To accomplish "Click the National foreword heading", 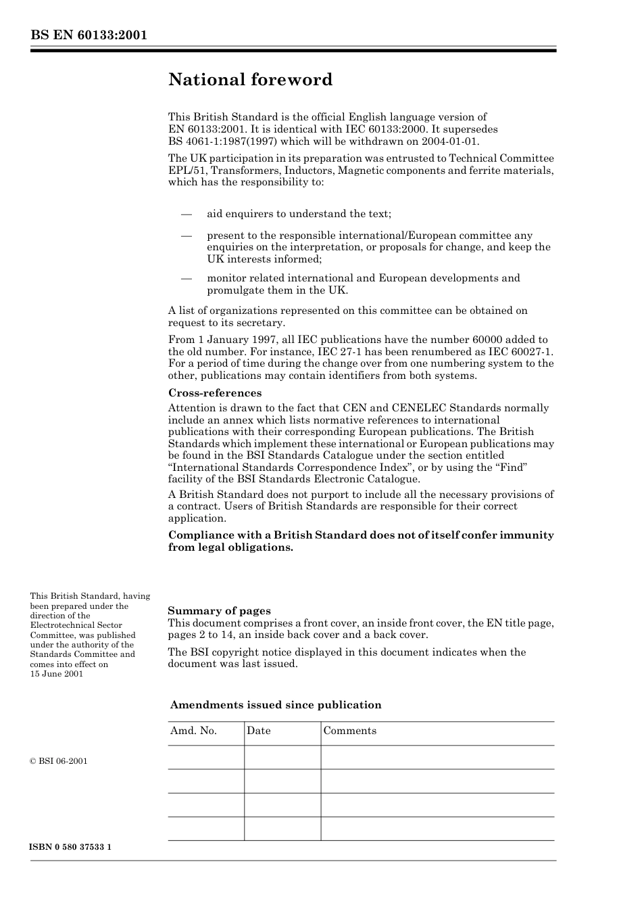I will (x=251, y=80).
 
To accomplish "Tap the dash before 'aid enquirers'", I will (x=187, y=214).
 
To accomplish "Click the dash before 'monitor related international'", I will (x=187, y=278).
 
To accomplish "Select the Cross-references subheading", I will (x=214, y=393).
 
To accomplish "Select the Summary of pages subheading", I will (x=219, y=610).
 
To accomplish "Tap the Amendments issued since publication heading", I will (x=276, y=705).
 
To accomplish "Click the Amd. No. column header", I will (x=193, y=731).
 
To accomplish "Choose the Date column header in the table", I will (x=258, y=731).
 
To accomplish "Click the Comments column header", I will (x=349, y=731).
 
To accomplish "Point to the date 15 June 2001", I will (x=57, y=674).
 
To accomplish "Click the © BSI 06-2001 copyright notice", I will (x=59, y=761).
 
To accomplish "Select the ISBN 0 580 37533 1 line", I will (x=71, y=848).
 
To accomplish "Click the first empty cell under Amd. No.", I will (x=205, y=757).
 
